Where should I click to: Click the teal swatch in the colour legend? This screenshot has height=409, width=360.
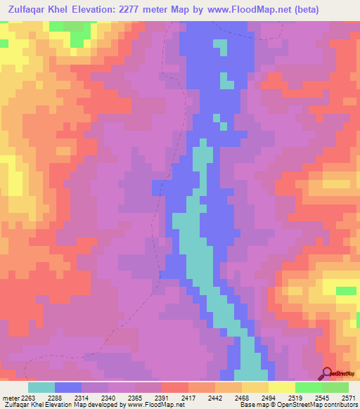(x=41, y=387)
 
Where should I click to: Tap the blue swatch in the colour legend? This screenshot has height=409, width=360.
(x=68, y=387)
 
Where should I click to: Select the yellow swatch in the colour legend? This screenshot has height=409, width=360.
(x=282, y=387)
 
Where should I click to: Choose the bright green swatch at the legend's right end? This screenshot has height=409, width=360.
(x=335, y=387)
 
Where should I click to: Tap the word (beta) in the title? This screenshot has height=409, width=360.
(x=284, y=10)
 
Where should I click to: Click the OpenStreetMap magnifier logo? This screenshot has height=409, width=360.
(x=328, y=373)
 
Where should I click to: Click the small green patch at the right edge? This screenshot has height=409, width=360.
(x=346, y=290)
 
